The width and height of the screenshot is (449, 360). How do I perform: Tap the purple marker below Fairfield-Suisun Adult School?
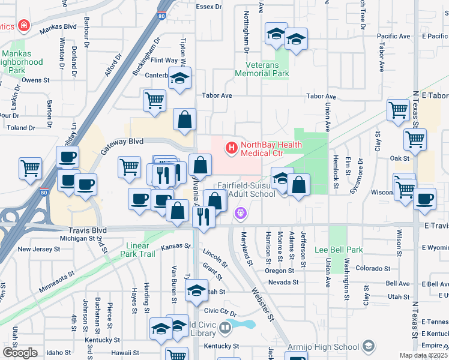click(x=241, y=212)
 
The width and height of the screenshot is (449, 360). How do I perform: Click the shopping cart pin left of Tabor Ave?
click(x=155, y=100)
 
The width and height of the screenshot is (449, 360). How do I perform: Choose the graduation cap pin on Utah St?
click(x=196, y=291)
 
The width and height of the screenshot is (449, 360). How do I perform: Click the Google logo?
click(x=20, y=352)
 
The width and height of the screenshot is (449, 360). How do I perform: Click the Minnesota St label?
click(x=58, y=281)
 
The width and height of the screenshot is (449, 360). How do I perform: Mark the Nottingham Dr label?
click(x=246, y=30)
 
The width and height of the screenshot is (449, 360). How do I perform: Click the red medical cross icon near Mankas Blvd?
click(x=23, y=26)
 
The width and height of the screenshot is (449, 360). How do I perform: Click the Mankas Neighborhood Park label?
click(x=22, y=62)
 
